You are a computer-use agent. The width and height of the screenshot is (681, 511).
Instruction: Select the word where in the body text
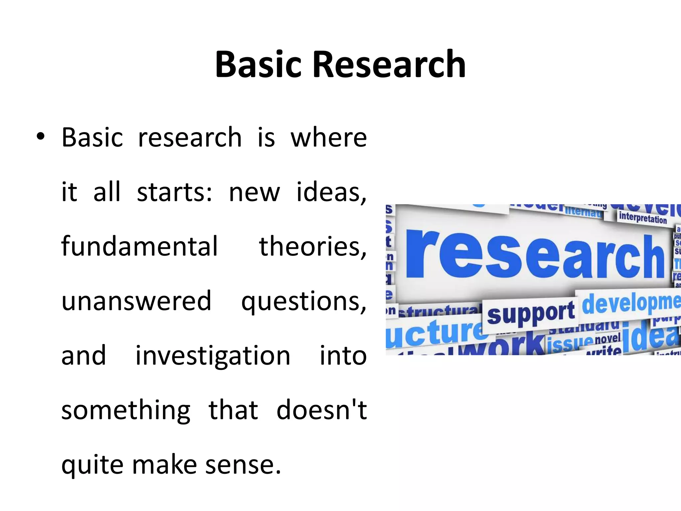tap(329, 137)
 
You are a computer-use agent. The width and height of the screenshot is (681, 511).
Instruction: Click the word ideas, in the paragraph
tap(331, 192)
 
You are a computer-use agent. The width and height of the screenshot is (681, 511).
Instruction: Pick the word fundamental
tap(140, 246)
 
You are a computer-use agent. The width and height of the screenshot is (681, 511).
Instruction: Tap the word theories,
tap(313, 247)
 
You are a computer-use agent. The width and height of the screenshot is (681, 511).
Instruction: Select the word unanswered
tap(136, 301)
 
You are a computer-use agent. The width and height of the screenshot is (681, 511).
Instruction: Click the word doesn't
tap(322, 410)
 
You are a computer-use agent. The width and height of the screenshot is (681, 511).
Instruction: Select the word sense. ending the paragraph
tap(243, 465)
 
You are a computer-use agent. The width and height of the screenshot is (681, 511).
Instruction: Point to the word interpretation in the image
tap(643, 218)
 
